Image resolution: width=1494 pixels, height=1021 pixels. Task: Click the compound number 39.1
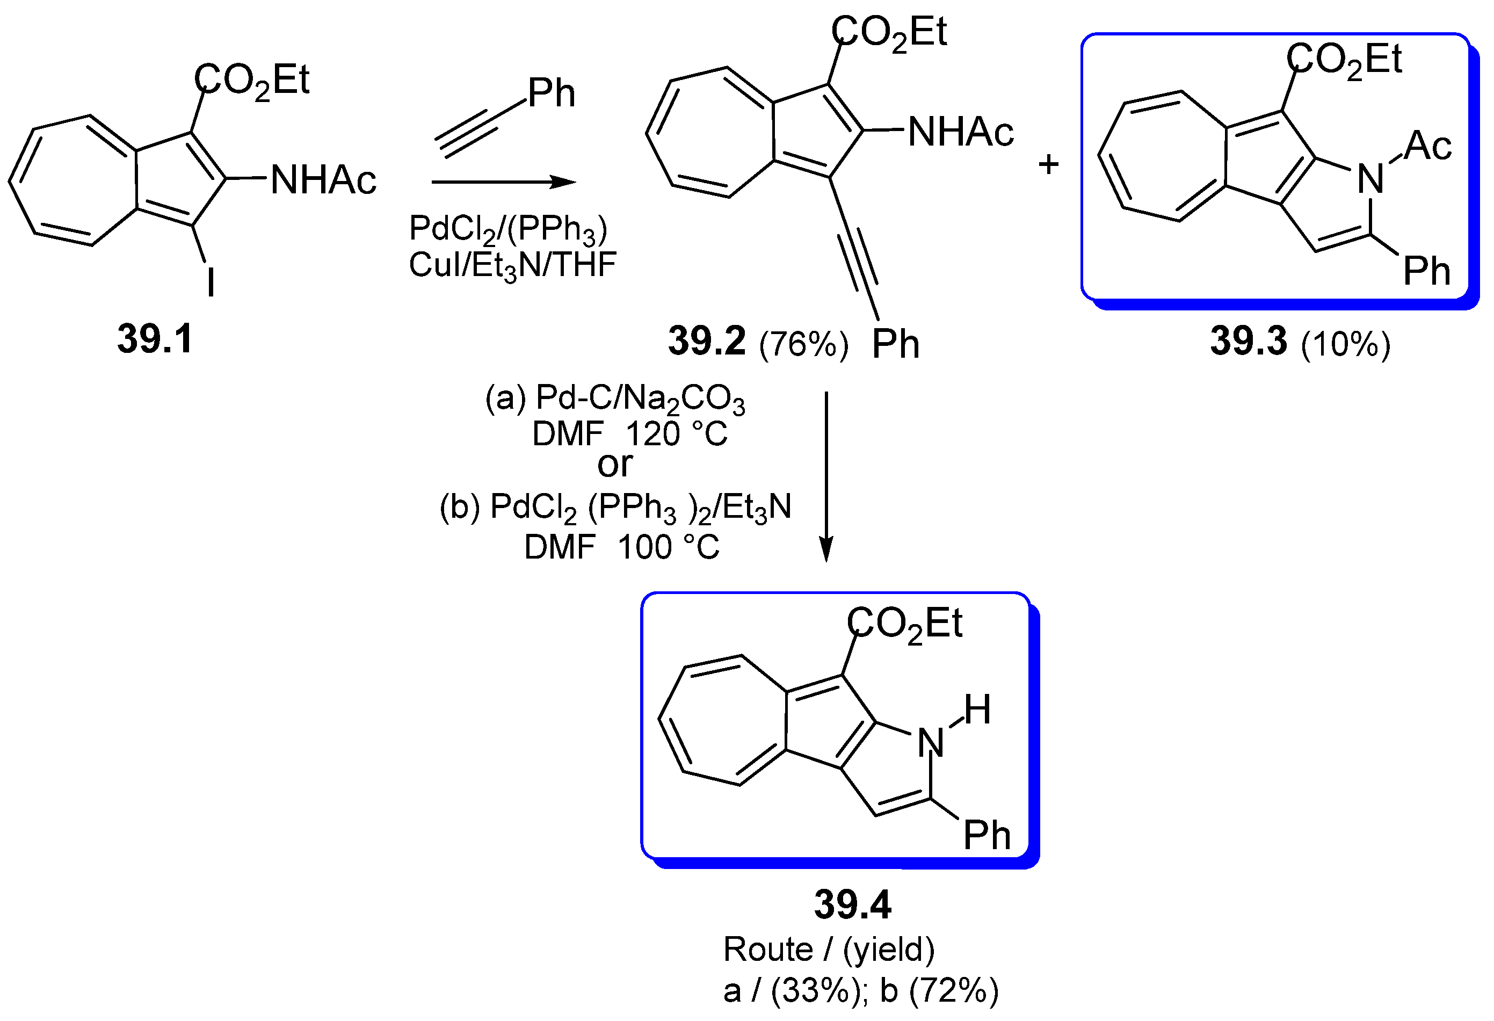155,339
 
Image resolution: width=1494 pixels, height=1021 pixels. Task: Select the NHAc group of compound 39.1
323,179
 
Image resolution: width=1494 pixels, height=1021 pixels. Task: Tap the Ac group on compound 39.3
1427,146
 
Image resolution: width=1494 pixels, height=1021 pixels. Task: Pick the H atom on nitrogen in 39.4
976,710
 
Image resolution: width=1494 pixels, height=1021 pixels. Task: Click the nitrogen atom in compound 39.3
1370,179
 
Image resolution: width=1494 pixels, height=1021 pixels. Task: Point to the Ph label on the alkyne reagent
551,93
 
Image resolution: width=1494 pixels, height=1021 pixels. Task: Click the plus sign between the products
1048,164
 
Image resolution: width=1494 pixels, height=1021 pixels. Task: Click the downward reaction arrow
826,476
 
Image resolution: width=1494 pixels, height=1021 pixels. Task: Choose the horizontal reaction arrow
503,182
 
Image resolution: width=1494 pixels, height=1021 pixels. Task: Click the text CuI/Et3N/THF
512,265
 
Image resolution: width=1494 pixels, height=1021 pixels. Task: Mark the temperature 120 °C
676,434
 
